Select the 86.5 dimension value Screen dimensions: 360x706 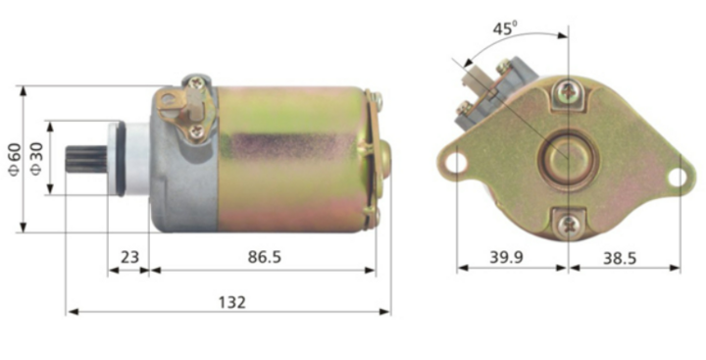pos(265,257)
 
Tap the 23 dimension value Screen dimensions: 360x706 pos(128,257)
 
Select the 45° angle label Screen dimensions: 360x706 pos(504,29)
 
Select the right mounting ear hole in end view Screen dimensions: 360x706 pos(676,177)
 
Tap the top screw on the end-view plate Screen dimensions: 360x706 pos(568,92)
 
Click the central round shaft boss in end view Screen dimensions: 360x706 pos(568,157)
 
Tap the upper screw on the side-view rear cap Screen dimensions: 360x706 pos(375,99)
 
